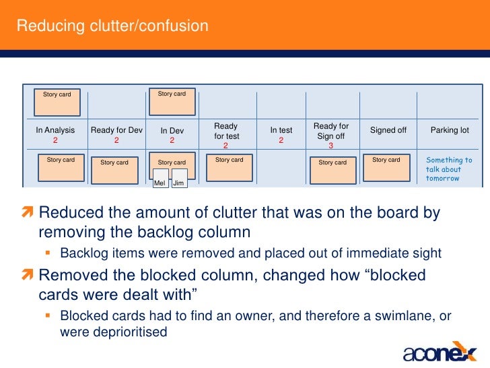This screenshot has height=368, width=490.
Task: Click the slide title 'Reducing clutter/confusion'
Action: tap(112, 26)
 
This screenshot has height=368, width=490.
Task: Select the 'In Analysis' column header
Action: tap(55, 130)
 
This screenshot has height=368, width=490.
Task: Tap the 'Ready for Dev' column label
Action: tap(116, 130)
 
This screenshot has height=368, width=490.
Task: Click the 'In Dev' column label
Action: tap(172, 131)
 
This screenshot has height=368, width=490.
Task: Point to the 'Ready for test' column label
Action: tap(226, 131)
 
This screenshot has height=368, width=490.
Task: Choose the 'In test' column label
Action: tap(281, 130)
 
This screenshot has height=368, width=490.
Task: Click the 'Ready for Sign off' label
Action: tap(331, 131)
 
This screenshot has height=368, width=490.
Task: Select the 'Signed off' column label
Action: tap(388, 130)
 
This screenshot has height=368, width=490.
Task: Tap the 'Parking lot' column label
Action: tap(450, 130)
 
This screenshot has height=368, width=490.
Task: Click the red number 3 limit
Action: tap(330, 146)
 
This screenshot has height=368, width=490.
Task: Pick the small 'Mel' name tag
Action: tap(160, 182)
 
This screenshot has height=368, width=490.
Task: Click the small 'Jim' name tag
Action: tap(178, 182)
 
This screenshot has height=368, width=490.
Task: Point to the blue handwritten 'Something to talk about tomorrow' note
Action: tap(449, 169)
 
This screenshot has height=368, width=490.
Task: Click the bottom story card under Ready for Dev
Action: tap(114, 169)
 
